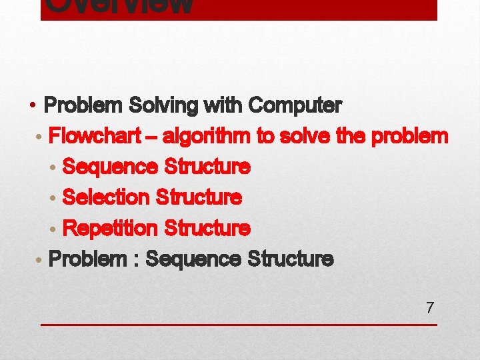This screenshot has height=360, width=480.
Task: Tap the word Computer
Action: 295,105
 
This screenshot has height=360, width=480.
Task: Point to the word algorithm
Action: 207,136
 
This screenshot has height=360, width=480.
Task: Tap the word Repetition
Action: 109,229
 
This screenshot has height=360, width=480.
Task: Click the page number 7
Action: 430,308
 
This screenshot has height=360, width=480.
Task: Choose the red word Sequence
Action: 109,167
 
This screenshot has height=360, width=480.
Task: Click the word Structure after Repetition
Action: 207,229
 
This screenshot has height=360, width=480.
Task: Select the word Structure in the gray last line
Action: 290,259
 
